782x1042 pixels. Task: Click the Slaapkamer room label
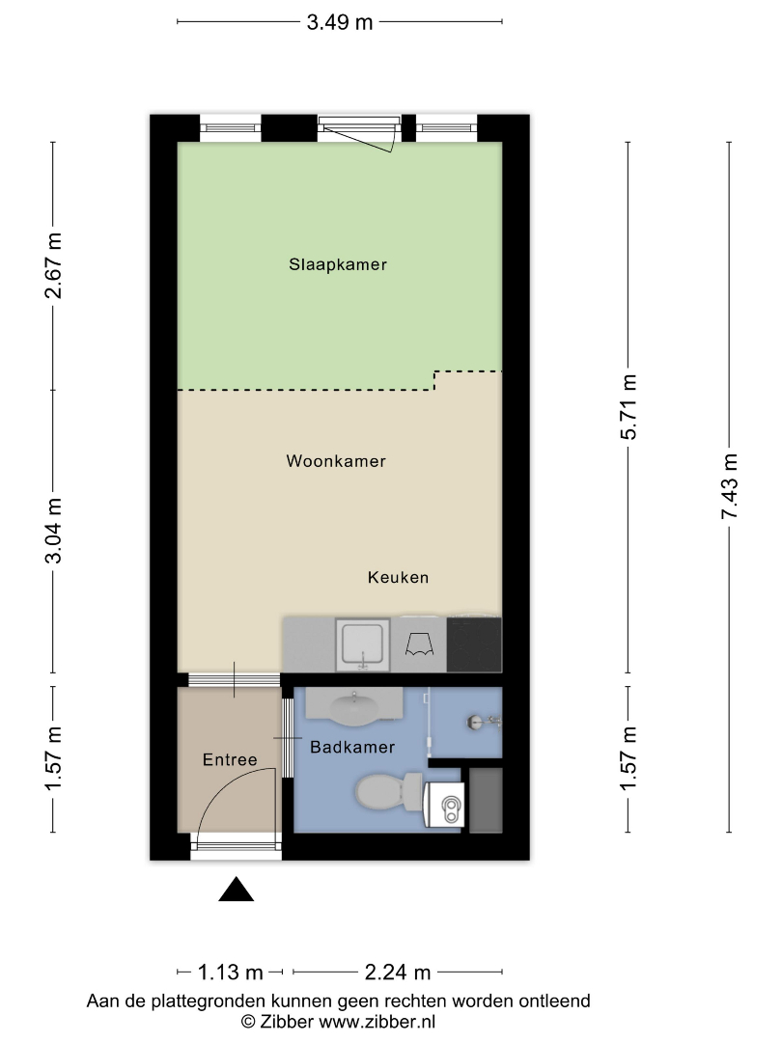point(338,264)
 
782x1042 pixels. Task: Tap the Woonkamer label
point(336,461)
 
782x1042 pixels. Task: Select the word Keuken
point(399,578)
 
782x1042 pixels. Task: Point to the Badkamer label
point(352,747)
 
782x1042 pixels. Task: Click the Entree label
point(230,759)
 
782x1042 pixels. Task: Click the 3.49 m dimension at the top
point(339,22)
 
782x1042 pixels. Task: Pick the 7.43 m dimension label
point(730,485)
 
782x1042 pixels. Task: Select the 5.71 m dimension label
point(628,407)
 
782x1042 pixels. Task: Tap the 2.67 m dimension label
point(53,265)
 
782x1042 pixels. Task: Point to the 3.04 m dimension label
point(53,531)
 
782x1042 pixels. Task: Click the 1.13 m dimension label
point(231,973)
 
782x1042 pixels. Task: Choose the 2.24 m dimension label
point(398,973)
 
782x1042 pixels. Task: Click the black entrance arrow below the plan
point(237,890)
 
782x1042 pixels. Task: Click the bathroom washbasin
point(353,708)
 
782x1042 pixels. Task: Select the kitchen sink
point(362,644)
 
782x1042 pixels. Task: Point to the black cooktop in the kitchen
point(474,644)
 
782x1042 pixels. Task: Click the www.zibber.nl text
point(377,1022)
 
